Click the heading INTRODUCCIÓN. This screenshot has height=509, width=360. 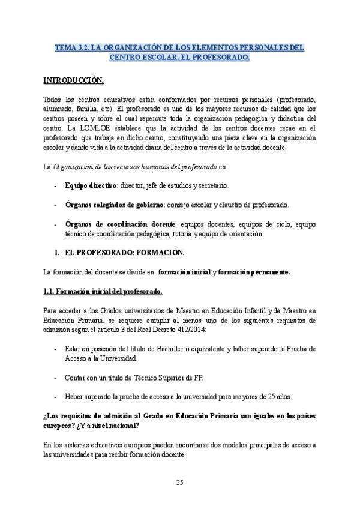pos(73,79)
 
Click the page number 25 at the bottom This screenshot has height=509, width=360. pos(180,482)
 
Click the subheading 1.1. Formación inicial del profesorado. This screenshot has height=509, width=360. pos(103,291)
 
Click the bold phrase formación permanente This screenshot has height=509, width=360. pos(254,272)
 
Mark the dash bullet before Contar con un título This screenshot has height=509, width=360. pos(56,378)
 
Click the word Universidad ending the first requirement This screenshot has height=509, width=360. pos(118,358)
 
